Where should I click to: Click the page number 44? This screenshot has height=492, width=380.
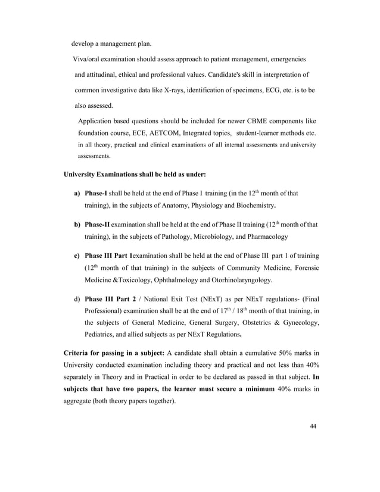pyautogui.click(x=313, y=426)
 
